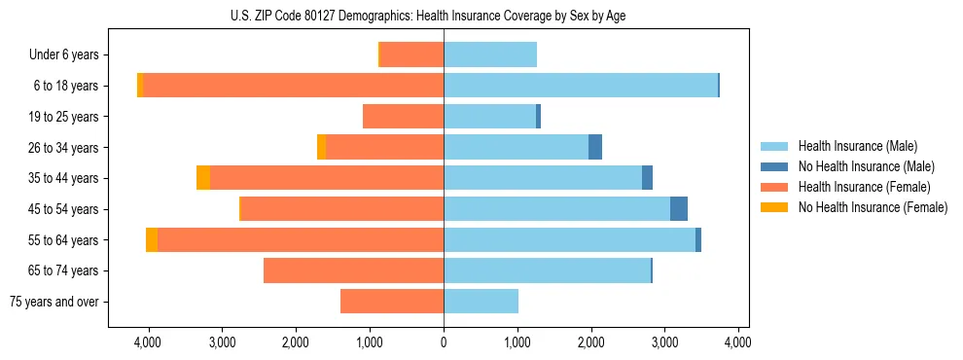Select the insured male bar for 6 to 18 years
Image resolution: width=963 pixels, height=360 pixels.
[581, 86]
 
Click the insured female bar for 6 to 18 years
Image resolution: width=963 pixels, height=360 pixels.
[293, 86]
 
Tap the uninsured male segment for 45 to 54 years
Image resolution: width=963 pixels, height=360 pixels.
[679, 209]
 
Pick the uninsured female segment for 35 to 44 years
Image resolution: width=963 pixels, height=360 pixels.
[203, 178]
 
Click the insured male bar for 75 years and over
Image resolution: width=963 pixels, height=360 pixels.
[481, 302]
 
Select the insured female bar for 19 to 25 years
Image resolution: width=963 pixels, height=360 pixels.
[403, 117]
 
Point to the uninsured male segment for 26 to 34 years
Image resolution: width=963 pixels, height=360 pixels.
[595, 147]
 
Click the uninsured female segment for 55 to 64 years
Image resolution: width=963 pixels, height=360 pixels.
[152, 239]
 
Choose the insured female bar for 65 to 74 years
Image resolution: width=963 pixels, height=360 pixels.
[353, 270]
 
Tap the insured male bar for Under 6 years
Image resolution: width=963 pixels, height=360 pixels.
[490, 54]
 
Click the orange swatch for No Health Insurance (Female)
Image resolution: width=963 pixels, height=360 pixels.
[775, 207]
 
